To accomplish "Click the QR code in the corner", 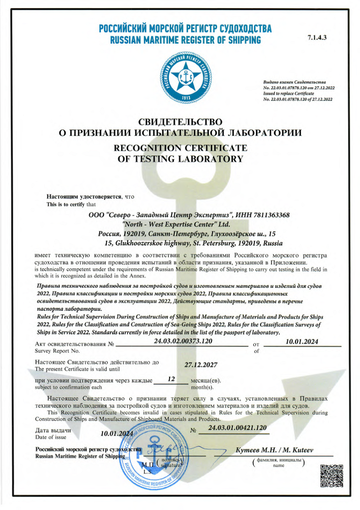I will point(332,478).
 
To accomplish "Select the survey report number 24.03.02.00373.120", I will point(182,341).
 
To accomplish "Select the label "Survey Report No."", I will point(55,351).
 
